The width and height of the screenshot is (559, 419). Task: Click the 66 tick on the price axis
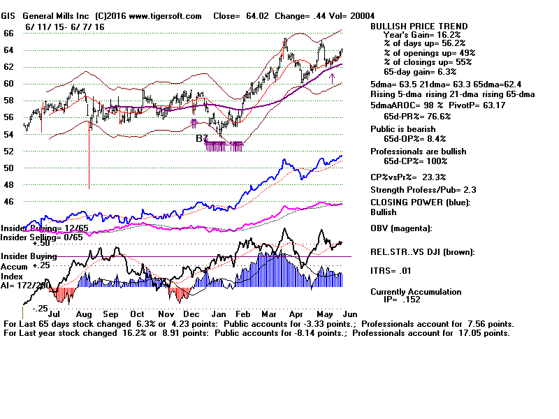click(x=9, y=34)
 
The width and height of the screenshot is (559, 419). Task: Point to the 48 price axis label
click(x=9, y=185)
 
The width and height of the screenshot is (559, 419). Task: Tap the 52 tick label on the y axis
click(x=9, y=152)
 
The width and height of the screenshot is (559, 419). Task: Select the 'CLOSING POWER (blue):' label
click(x=420, y=203)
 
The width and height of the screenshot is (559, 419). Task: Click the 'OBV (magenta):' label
click(x=402, y=228)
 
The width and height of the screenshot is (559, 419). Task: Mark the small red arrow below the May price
click(x=333, y=78)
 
